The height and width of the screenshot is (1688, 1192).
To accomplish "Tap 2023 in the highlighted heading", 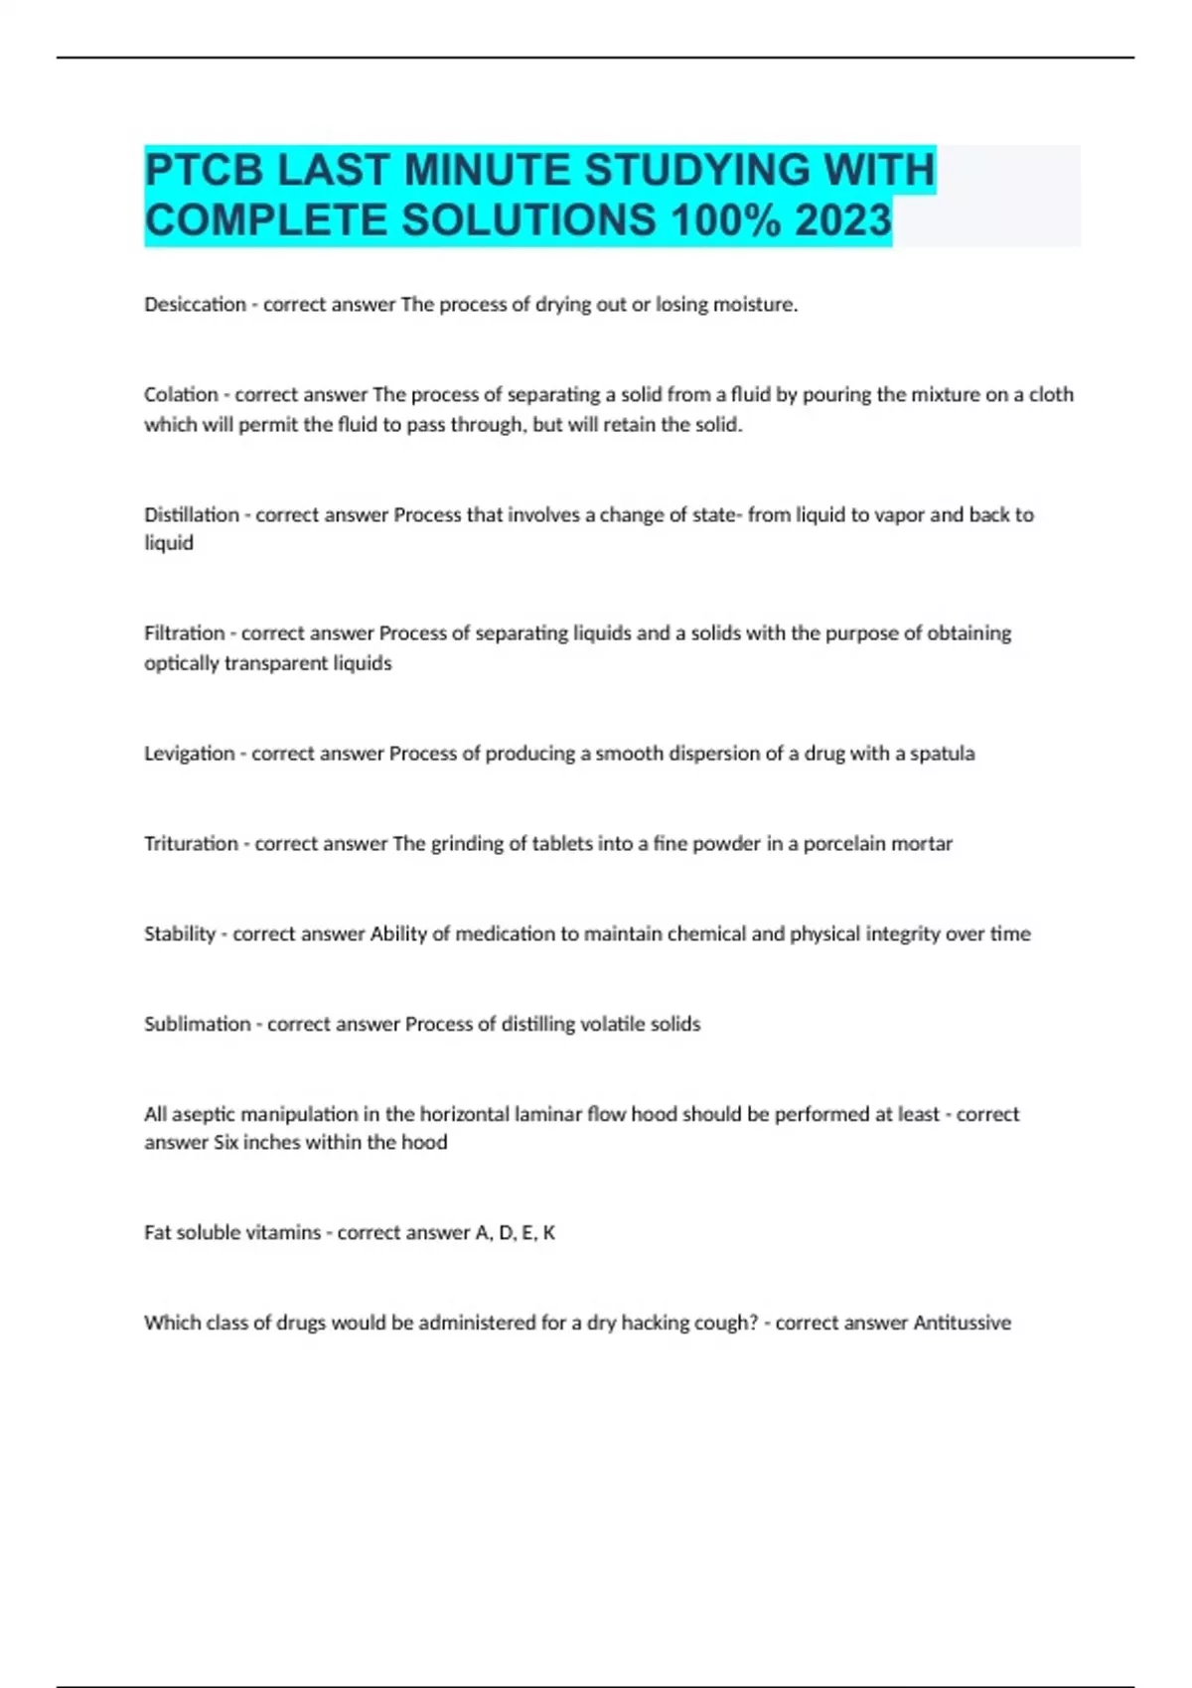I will point(842,219).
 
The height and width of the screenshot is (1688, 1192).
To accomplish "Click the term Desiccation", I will point(195,305).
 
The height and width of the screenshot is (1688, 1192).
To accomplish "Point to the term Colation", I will point(181,394).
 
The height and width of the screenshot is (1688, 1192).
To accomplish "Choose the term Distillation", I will point(192,514).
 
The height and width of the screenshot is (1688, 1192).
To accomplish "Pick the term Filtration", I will point(184,633).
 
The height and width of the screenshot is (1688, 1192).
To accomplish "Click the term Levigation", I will point(189,754).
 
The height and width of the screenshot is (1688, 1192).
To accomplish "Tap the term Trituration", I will point(191,844).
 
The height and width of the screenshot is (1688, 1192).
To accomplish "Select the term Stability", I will point(179,933).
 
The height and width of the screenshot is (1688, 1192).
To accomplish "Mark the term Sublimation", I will point(197,1024).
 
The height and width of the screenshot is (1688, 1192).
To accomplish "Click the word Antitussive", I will point(962,1323).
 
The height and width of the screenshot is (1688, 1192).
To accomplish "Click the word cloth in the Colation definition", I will point(1051,394).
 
